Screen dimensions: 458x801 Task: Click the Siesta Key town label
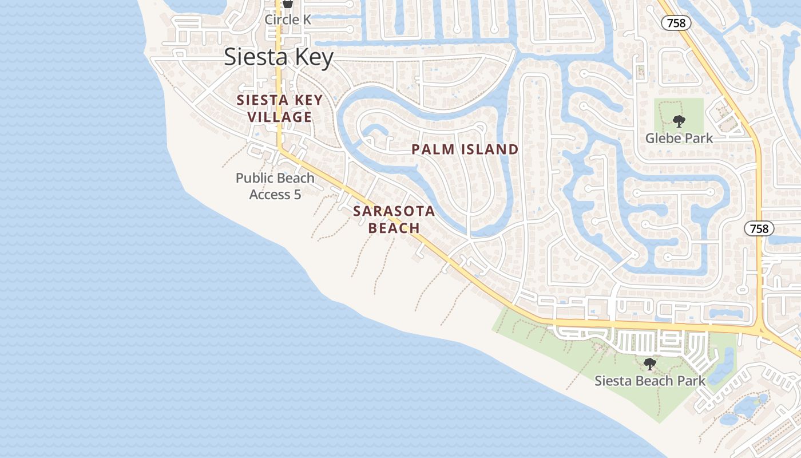click(279, 57)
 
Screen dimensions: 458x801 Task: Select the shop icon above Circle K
click(288, 3)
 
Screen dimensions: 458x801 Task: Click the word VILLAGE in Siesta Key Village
click(280, 117)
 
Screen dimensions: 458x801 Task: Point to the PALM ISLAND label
click(465, 149)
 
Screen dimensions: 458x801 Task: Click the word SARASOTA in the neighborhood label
click(394, 211)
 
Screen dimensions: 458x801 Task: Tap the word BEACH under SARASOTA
click(394, 228)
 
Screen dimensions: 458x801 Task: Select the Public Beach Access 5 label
click(275, 186)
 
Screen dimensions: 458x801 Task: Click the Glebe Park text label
click(679, 138)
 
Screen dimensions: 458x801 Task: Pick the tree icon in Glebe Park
click(679, 121)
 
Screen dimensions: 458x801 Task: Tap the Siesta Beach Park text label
click(650, 381)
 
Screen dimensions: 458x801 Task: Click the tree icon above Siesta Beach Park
click(649, 364)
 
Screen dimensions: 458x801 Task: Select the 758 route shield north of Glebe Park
click(676, 23)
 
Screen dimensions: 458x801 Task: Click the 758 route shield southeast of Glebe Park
click(759, 228)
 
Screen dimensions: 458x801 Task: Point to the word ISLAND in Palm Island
click(491, 149)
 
